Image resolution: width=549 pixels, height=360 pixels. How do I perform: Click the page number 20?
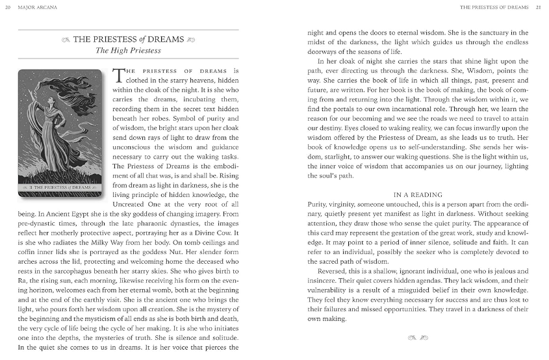[8, 8]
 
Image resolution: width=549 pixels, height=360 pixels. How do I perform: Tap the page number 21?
[538, 8]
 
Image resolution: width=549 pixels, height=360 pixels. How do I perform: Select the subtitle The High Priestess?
[128, 50]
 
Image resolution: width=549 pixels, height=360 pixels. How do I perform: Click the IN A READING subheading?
[418, 194]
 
